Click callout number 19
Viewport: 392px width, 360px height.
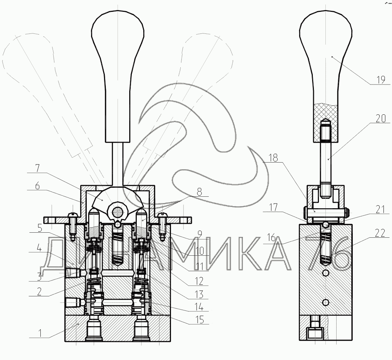[x=381, y=80]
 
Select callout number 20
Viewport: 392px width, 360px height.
[x=381, y=118]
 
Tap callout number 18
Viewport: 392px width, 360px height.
[x=273, y=158]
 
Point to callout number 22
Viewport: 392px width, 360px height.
[x=380, y=234]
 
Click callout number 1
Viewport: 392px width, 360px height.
[x=40, y=333]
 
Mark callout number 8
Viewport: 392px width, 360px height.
[x=199, y=192]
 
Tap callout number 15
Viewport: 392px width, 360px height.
[x=199, y=320]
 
